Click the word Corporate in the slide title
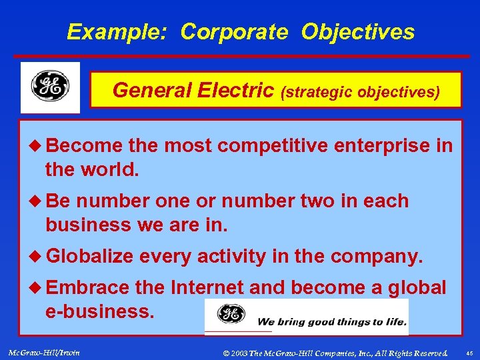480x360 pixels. pyautogui.click(x=235, y=31)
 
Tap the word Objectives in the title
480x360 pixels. pyautogui.click(x=357, y=31)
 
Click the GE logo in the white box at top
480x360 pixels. pyautogui.click(x=50, y=87)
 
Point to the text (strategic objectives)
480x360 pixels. pyautogui.click(x=361, y=91)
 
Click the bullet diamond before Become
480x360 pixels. pyautogui.click(x=36, y=145)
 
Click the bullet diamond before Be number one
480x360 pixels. pyautogui.click(x=36, y=201)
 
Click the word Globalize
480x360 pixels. pyautogui.click(x=90, y=257)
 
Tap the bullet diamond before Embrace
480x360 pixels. pyautogui.click(x=36, y=288)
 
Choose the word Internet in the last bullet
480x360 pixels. pyautogui.click(x=207, y=288)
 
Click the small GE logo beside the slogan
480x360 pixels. pyautogui.click(x=231, y=314)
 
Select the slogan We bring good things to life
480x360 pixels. pyautogui.click(x=331, y=322)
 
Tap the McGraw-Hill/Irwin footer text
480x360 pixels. pyautogui.click(x=41, y=352)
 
